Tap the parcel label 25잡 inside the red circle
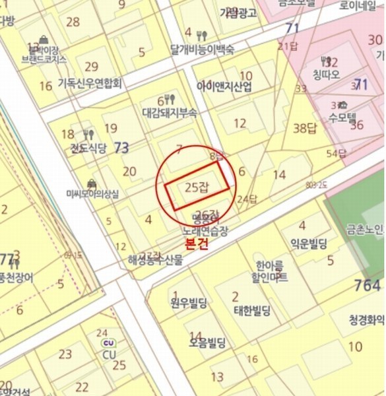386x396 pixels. [x=197, y=187]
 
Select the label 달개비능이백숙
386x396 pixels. [x=202, y=49]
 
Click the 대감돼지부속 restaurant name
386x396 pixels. [x=170, y=112]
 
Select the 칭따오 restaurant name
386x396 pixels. [x=326, y=74]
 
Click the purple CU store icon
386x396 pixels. [x=108, y=343]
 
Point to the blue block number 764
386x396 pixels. [x=367, y=286]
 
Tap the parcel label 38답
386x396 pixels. [x=305, y=127]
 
